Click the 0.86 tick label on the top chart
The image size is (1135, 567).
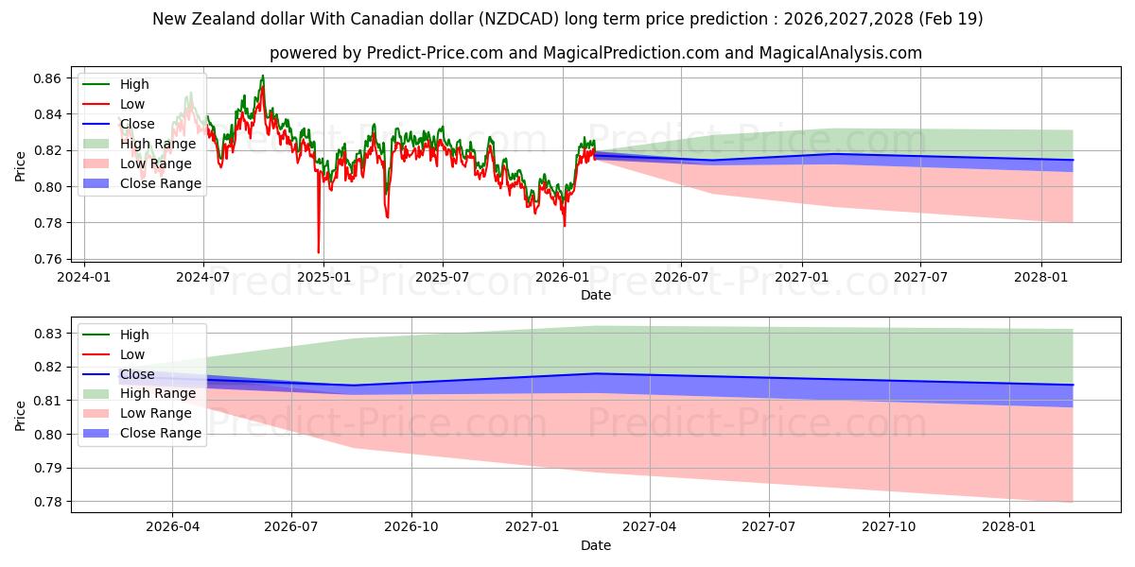(x=47, y=78)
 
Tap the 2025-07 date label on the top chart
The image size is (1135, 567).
(x=443, y=278)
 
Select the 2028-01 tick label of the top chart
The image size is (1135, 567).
(x=1040, y=278)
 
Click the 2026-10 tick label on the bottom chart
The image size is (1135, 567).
(x=410, y=527)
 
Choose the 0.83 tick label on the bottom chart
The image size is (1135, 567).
(x=47, y=334)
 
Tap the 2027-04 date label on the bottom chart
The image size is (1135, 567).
(x=650, y=527)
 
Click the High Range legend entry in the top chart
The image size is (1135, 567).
(x=139, y=144)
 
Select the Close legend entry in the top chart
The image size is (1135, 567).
(x=118, y=124)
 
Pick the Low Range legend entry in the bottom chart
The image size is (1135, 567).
(x=137, y=413)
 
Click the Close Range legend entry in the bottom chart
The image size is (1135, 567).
(x=142, y=433)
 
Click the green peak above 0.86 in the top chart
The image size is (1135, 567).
(x=263, y=76)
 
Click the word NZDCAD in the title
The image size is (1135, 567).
(x=522, y=19)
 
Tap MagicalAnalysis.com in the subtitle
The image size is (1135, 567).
(x=841, y=53)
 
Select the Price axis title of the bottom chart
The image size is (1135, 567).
(x=20, y=416)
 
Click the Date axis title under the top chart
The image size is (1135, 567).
(x=595, y=295)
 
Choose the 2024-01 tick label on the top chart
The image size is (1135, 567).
(x=83, y=278)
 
